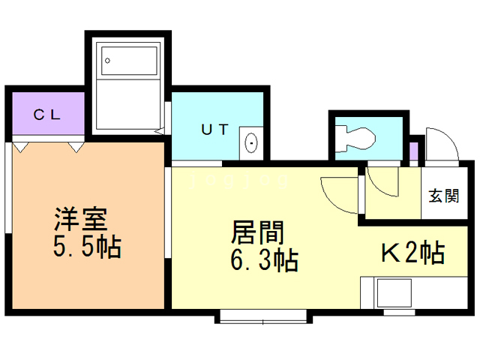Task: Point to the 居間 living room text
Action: point(256,232)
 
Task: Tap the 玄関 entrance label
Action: point(443,196)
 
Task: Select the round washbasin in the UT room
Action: point(250,142)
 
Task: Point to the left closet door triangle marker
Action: point(22,146)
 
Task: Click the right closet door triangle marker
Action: point(76,146)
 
